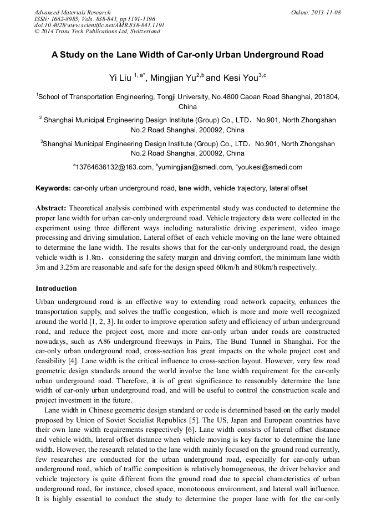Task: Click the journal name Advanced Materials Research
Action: click(x=72, y=12)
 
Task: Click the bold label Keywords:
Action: click(x=53, y=188)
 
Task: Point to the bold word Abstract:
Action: click(x=51, y=208)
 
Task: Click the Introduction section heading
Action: click(x=56, y=288)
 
